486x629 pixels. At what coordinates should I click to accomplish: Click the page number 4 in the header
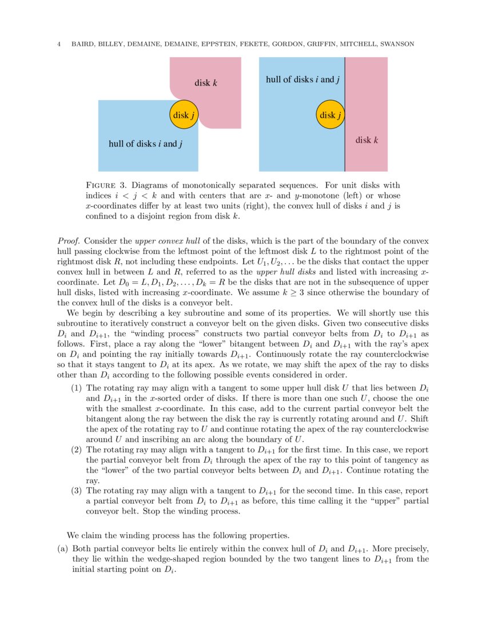[59, 44]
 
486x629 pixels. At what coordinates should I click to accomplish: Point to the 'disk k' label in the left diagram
[205, 83]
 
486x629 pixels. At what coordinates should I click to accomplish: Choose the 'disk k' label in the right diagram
[367, 140]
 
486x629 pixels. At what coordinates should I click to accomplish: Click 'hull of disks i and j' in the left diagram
[145, 144]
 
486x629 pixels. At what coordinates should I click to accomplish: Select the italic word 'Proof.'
[69, 241]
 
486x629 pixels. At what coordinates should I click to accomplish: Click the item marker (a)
[63, 548]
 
